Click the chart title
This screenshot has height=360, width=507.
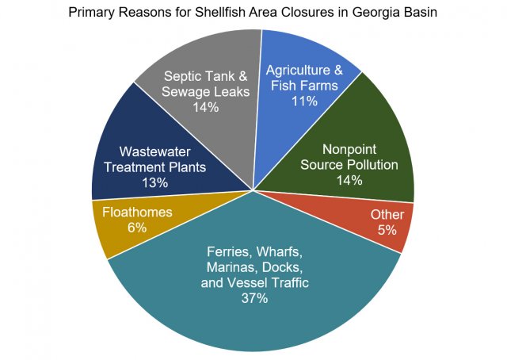coord(253,13)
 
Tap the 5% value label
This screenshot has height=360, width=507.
coord(387,230)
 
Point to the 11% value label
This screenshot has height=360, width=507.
coord(304,101)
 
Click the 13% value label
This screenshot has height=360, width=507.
coord(155,183)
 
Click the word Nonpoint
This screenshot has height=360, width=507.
coord(349,149)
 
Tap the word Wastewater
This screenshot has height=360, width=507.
coord(155,152)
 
